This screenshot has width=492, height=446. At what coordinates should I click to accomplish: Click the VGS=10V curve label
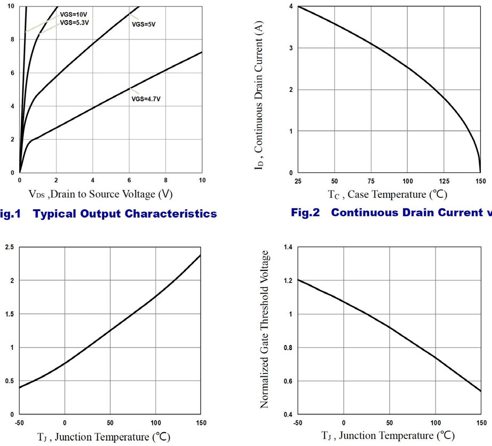point(74,16)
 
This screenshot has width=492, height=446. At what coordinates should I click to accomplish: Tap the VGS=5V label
point(144,24)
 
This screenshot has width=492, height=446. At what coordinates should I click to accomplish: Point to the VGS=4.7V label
point(145,99)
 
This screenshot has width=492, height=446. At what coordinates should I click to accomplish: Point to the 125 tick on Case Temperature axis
point(445,181)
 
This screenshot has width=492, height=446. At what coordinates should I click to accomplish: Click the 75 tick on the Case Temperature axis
point(371,181)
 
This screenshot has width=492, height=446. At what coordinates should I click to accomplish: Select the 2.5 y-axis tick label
point(9,246)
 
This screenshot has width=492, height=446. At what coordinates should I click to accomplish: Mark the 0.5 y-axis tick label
point(9,381)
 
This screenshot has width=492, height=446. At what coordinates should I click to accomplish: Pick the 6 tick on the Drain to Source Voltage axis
point(129,181)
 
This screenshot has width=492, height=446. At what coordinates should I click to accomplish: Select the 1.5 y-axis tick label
point(9,314)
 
